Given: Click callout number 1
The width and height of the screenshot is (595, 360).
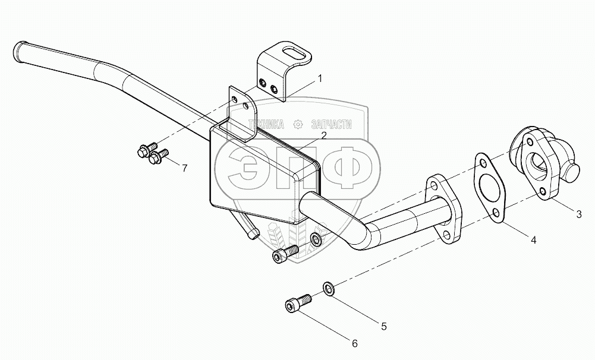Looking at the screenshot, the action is click(319, 78).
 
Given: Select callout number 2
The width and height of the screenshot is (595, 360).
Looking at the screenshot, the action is click(323, 135).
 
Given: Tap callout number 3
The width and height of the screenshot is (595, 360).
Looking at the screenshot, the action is click(578, 213).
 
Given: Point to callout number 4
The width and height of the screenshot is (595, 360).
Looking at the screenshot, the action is click(533, 240).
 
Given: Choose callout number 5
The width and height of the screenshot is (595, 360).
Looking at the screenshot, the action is click(383, 326).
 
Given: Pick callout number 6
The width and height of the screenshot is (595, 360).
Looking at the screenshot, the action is click(355, 343).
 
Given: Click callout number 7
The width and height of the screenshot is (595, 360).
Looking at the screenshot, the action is click(184, 168).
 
